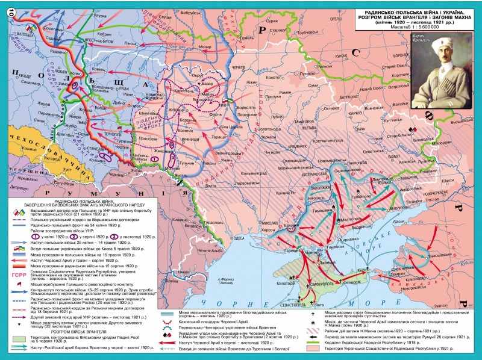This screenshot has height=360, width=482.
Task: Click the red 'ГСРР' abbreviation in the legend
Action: [17, 272]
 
